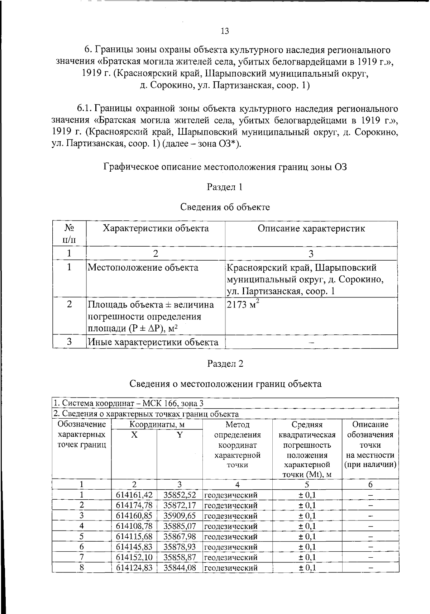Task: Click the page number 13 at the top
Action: (x=225, y=31)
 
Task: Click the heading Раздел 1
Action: (x=225, y=187)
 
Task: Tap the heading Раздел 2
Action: (x=225, y=363)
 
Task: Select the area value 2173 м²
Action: (x=243, y=305)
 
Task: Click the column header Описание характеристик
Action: (x=311, y=229)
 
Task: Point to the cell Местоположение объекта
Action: (x=143, y=268)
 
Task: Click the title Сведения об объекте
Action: (x=225, y=207)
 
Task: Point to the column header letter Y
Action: (x=180, y=435)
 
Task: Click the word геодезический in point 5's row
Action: (x=231, y=537)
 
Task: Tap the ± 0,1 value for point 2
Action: (x=307, y=505)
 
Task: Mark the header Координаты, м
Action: (x=157, y=425)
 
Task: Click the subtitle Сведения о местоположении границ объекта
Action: (x=225, y=384)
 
